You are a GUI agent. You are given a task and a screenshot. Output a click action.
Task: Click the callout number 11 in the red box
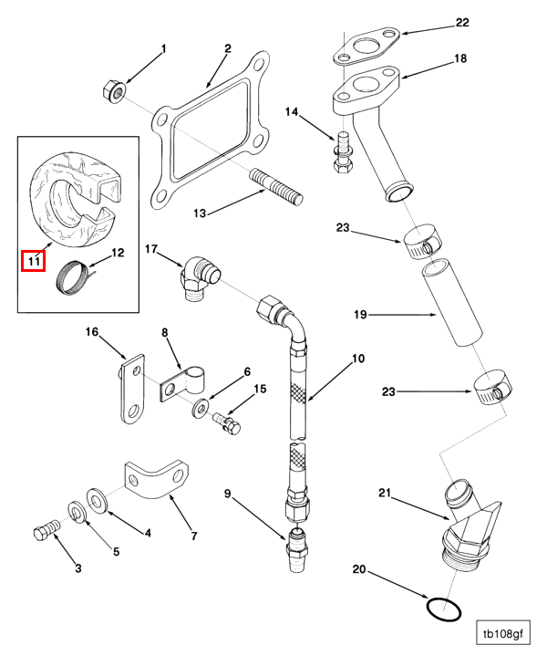point(34,261)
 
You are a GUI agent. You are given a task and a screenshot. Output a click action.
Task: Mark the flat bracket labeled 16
point(132,389)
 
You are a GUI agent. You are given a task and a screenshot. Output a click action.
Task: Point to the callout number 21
point(386,493)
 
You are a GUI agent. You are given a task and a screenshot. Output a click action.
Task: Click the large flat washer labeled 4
point(97,501)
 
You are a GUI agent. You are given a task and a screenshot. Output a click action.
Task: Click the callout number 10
point(358,359)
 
